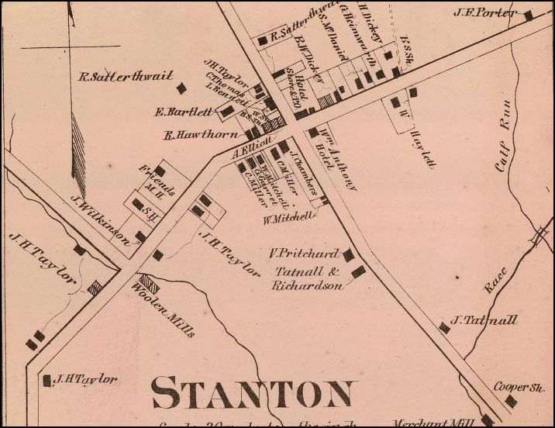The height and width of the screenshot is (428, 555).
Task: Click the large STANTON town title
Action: click(x=253, y=393)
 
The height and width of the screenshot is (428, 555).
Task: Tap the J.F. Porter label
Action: click(x=497, y=12)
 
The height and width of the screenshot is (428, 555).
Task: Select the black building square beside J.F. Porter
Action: click(x=528, y=16)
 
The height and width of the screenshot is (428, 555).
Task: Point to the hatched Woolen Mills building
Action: click(x=148, y=284)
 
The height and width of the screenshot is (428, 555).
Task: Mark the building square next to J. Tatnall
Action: click(x=444, y=327)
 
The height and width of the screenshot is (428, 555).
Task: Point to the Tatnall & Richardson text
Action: click(x=307, y=278)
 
